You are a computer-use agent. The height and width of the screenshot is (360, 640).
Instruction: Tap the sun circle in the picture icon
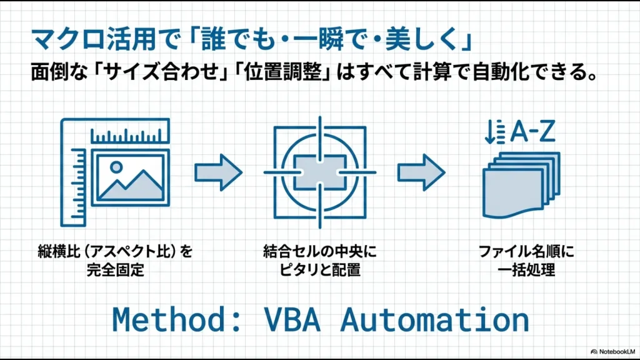point(116,167)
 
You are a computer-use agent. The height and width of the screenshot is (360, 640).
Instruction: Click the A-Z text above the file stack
point(533,132)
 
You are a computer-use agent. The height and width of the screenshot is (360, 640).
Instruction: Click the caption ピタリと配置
point(319,271)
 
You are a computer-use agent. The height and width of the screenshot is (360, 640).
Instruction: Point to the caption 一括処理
point(526,271)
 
